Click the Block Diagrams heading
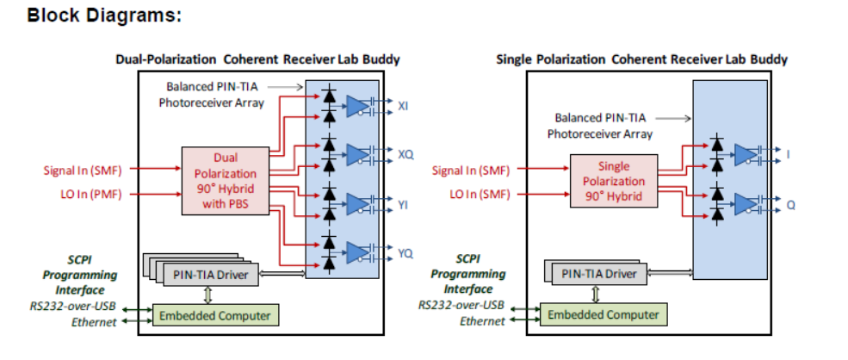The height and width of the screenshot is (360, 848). [103, 16]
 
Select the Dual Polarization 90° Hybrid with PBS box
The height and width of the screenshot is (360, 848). [225, 181]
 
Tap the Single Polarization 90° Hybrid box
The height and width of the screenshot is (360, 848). [613, 181]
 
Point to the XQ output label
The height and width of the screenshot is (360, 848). [405, 154]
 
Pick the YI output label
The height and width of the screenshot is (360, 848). [404, 204]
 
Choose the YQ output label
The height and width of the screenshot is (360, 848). [405, 253]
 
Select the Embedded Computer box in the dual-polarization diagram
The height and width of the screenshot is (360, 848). [214, 316]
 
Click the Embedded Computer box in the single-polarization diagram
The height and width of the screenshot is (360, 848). [603, 315]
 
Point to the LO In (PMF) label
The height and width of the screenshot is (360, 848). [84, 194]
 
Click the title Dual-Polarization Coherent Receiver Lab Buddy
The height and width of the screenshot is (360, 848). [257, 59]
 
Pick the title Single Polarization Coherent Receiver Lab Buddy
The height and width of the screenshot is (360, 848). [642, 59]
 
